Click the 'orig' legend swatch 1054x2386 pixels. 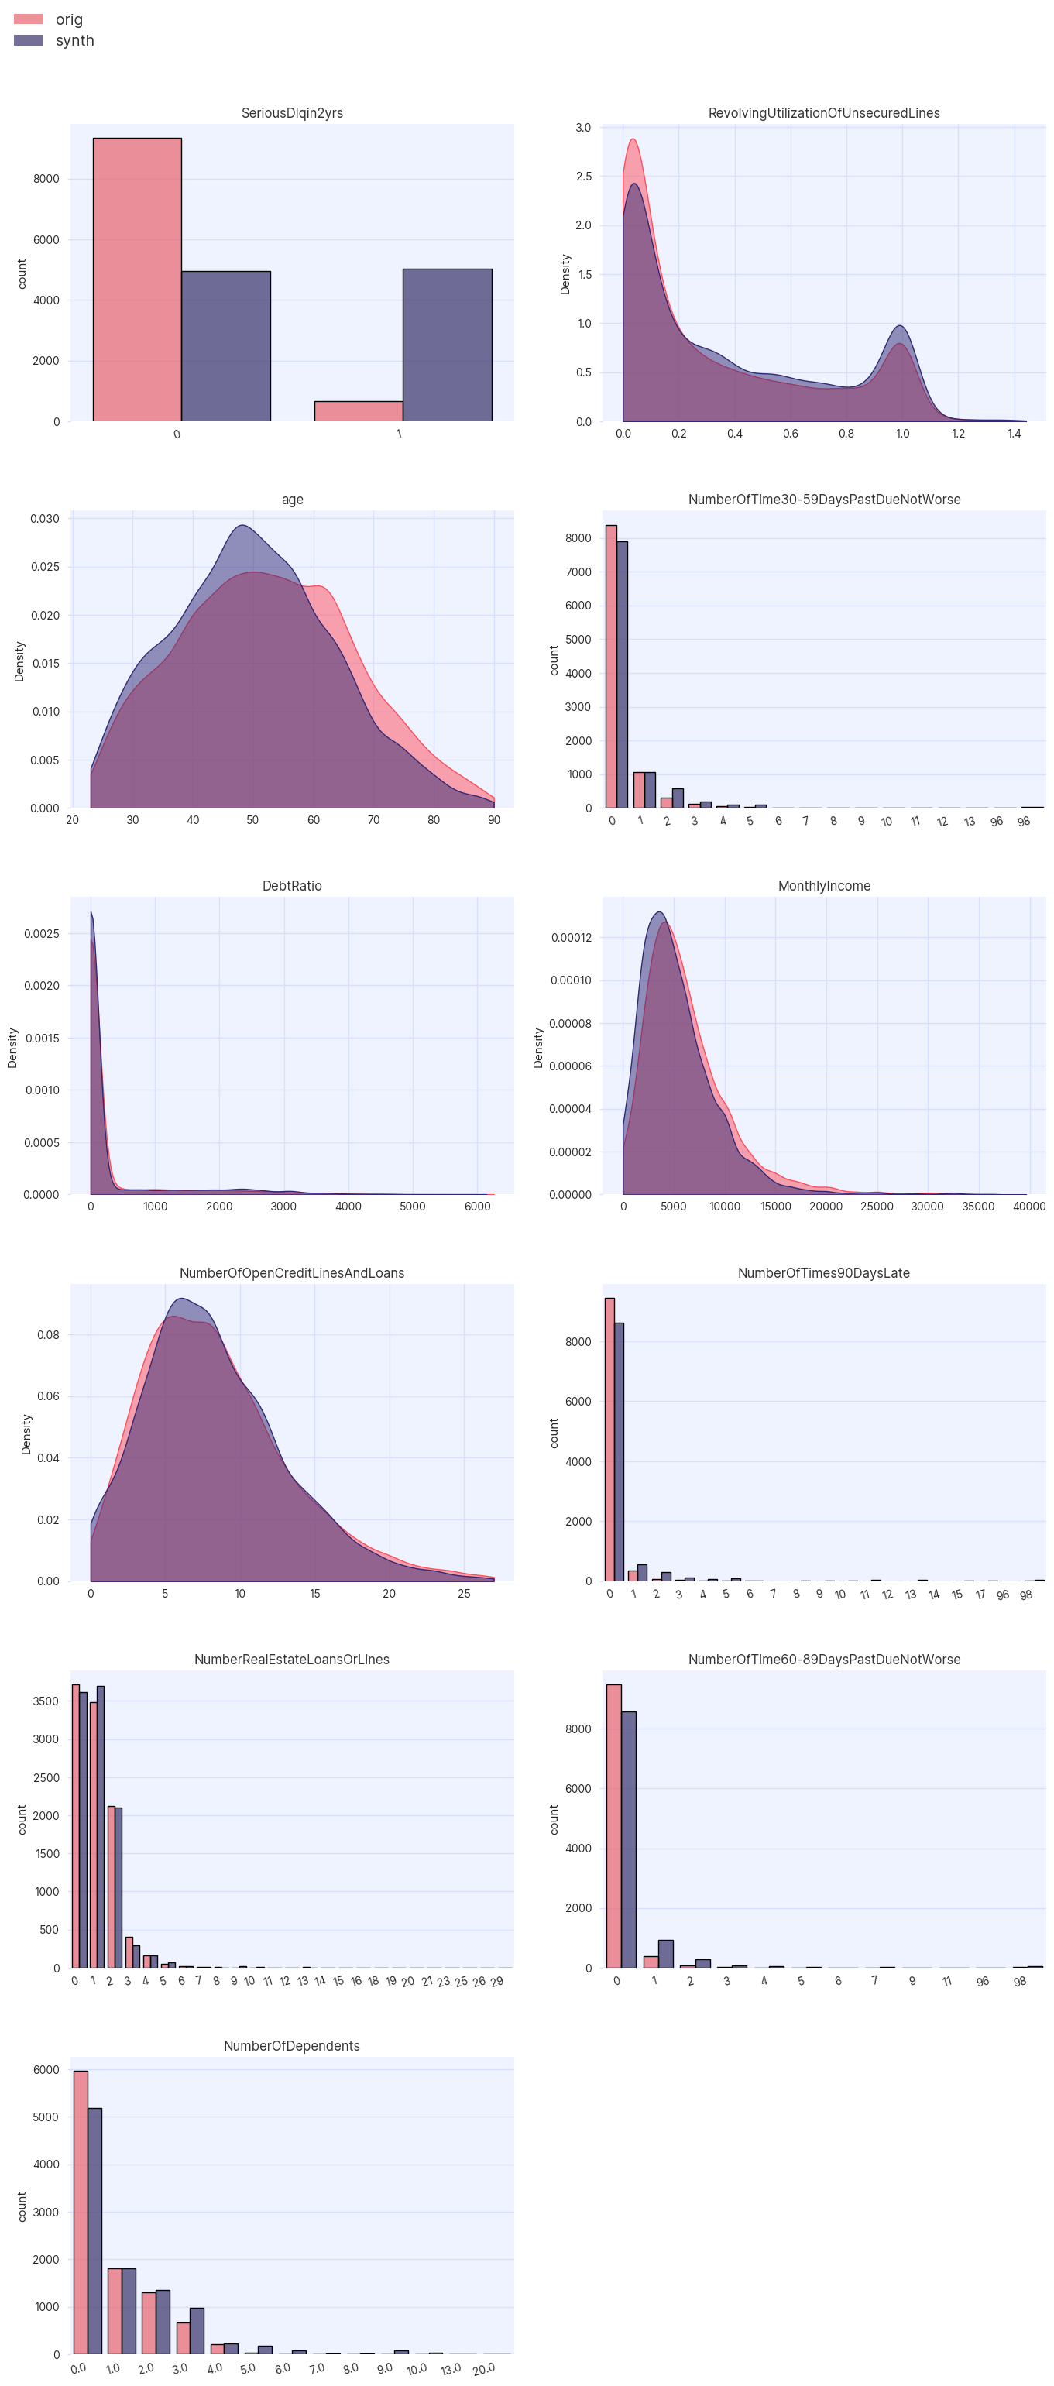pos(29,19)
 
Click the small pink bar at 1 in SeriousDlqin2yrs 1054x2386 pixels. pos(358,411)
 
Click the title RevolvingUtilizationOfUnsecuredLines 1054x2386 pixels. pos(822,113)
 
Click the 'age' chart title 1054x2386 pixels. pos(292,500)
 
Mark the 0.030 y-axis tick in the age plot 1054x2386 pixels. pos(44,519)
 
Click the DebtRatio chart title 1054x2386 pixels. pos(292,885)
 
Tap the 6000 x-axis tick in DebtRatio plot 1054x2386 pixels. pos(477,1206)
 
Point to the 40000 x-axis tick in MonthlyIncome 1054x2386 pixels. pos(1028,1206)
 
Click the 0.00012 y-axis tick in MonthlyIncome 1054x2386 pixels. pos(571,937)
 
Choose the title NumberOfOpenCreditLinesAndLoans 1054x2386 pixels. pos(292,1272)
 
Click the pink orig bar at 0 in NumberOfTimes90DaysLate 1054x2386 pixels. pos(609,1440)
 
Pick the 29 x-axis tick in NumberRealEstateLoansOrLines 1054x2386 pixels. pos(496,1981)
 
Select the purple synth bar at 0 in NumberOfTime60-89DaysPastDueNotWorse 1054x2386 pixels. pos(628,1839)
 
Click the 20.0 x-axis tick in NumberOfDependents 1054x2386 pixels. pos(483,2368)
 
